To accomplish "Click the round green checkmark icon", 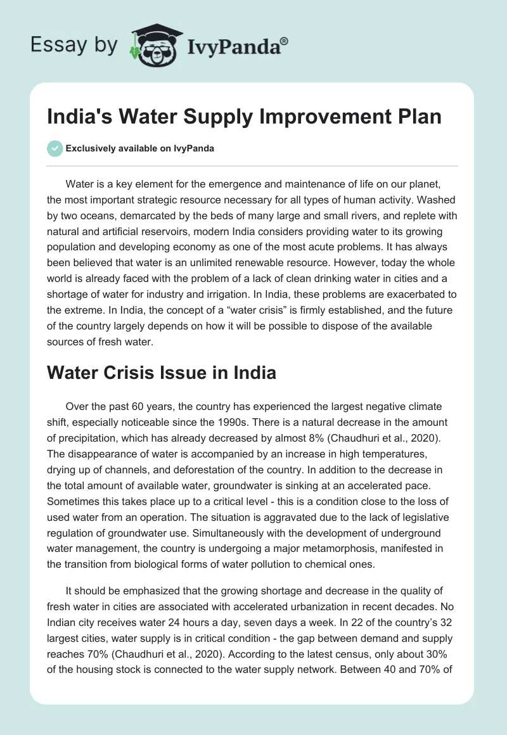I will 55,149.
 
